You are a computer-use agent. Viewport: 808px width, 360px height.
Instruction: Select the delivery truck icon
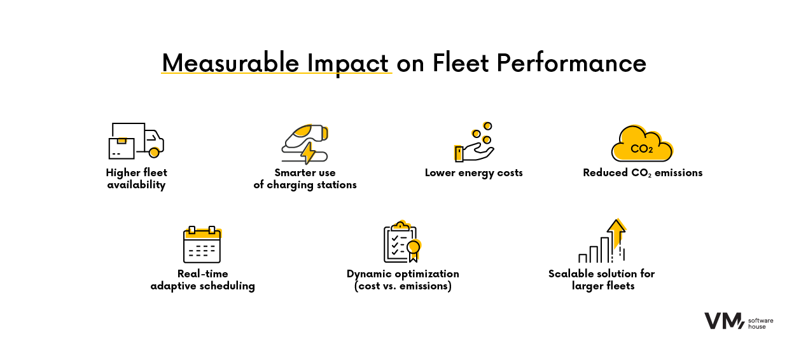[x=136, y=141]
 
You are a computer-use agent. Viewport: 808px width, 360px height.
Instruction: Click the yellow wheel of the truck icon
[x=153, y=153]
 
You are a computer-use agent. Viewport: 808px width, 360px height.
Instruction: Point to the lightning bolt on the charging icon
[x=308, y=153]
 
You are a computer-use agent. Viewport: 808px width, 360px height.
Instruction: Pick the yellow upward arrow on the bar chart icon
[x=616, y=230]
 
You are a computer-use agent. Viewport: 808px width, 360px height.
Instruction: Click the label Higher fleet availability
[x=136, y=179]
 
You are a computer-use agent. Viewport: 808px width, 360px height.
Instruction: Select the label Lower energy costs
[x=474, y=173]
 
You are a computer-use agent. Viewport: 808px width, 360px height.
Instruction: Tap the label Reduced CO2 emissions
[x=643, y=173]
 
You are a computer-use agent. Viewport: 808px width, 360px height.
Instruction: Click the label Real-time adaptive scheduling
[x=202, y=280]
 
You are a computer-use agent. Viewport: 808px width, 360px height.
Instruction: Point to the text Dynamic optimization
[x=403, y=273]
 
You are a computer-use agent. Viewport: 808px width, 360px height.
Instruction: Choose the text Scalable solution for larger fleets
[x=601, y=280]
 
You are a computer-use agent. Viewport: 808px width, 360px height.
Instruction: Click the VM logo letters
[x=723, y=321]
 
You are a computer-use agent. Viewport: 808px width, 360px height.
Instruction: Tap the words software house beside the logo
[x=761, y=322]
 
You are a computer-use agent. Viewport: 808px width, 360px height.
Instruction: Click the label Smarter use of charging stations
[x=305, y=179]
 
